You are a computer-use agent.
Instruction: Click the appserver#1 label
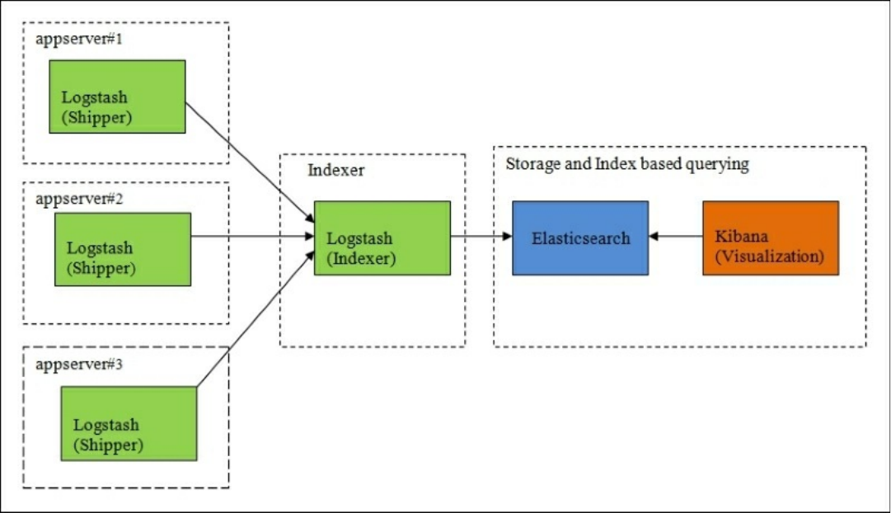tap(79, 40)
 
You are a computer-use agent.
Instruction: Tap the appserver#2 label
tap(79, 199)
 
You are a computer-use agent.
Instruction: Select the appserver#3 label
tap(79, 364)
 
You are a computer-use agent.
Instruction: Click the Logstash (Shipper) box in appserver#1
tap(117, 96)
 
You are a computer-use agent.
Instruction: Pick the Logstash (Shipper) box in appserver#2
tap(123, 249)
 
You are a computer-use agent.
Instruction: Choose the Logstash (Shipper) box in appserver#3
tap(129, 424)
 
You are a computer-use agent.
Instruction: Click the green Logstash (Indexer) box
tap(382, 238)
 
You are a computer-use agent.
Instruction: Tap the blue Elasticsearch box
tap(580, 238)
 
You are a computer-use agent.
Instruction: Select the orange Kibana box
tap(771, 238)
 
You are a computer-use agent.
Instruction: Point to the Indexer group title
tap(335, 170)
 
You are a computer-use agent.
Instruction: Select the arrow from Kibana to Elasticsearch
tap(676, 236)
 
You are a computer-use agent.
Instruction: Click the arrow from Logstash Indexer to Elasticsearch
tap(481, 236)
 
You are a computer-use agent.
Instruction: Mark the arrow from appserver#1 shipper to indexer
tap(250, 162)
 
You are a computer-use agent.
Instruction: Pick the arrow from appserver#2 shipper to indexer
tap(252, 236)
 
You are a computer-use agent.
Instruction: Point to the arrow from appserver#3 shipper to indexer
tap(256, 319)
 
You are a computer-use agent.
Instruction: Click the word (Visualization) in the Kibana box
tap(769, 256)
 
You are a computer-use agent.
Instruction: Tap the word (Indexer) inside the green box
tap(361, 259)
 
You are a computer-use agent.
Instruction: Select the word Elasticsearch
tap(581, 238)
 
